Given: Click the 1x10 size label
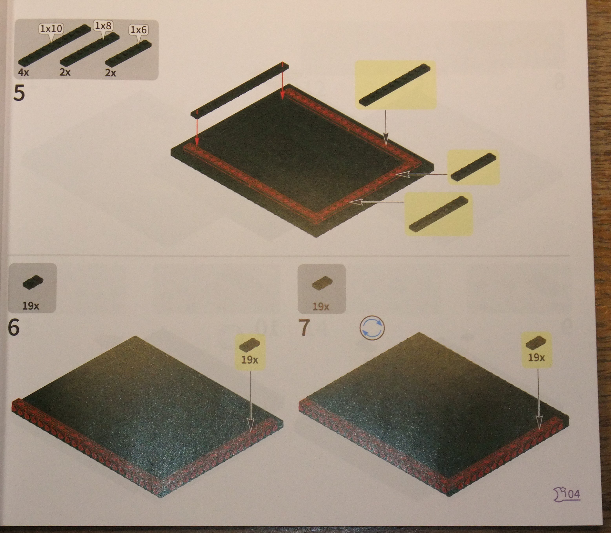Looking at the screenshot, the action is [51, 29].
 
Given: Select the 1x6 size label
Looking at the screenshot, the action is [139, 30].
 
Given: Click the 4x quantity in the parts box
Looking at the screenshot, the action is [24, 72].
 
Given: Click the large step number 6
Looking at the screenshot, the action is [14, 328].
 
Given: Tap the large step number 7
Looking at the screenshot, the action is [304, 328].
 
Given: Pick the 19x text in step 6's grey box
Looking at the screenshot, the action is [31, 306].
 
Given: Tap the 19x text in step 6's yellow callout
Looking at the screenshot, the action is [249, 360].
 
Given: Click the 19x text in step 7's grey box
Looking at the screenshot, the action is [321, 306].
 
